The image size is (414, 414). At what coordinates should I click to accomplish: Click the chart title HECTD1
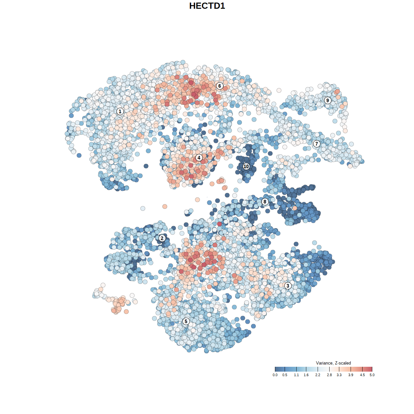click(x=207, y=6)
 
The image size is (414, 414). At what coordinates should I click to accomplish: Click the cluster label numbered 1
click(x=120, y=111)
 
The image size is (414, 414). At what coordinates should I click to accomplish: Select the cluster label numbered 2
click(x=162, y=238)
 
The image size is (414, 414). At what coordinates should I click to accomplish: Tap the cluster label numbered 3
click(x=288, y=286)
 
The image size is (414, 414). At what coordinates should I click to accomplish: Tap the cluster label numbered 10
click(x=246, y=167)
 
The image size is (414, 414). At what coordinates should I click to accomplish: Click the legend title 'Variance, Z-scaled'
click(x=333, y=363)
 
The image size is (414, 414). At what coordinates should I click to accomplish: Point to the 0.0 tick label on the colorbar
click(x=275, y=375)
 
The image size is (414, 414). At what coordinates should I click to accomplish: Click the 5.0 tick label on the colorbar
click(x=372, y=375)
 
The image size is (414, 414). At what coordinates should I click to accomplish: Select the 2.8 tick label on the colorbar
click(x=329, y=375)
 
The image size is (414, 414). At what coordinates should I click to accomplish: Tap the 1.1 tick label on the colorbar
click(x=296, y=375)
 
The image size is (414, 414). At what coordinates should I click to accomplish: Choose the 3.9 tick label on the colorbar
click(x=351, y=375)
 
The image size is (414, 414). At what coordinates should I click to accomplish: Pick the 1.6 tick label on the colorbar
click(x=306, y=375)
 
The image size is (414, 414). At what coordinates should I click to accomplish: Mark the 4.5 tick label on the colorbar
click(x=362, y=375)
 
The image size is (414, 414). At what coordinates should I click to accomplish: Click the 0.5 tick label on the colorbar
click(x=285, y=375)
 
